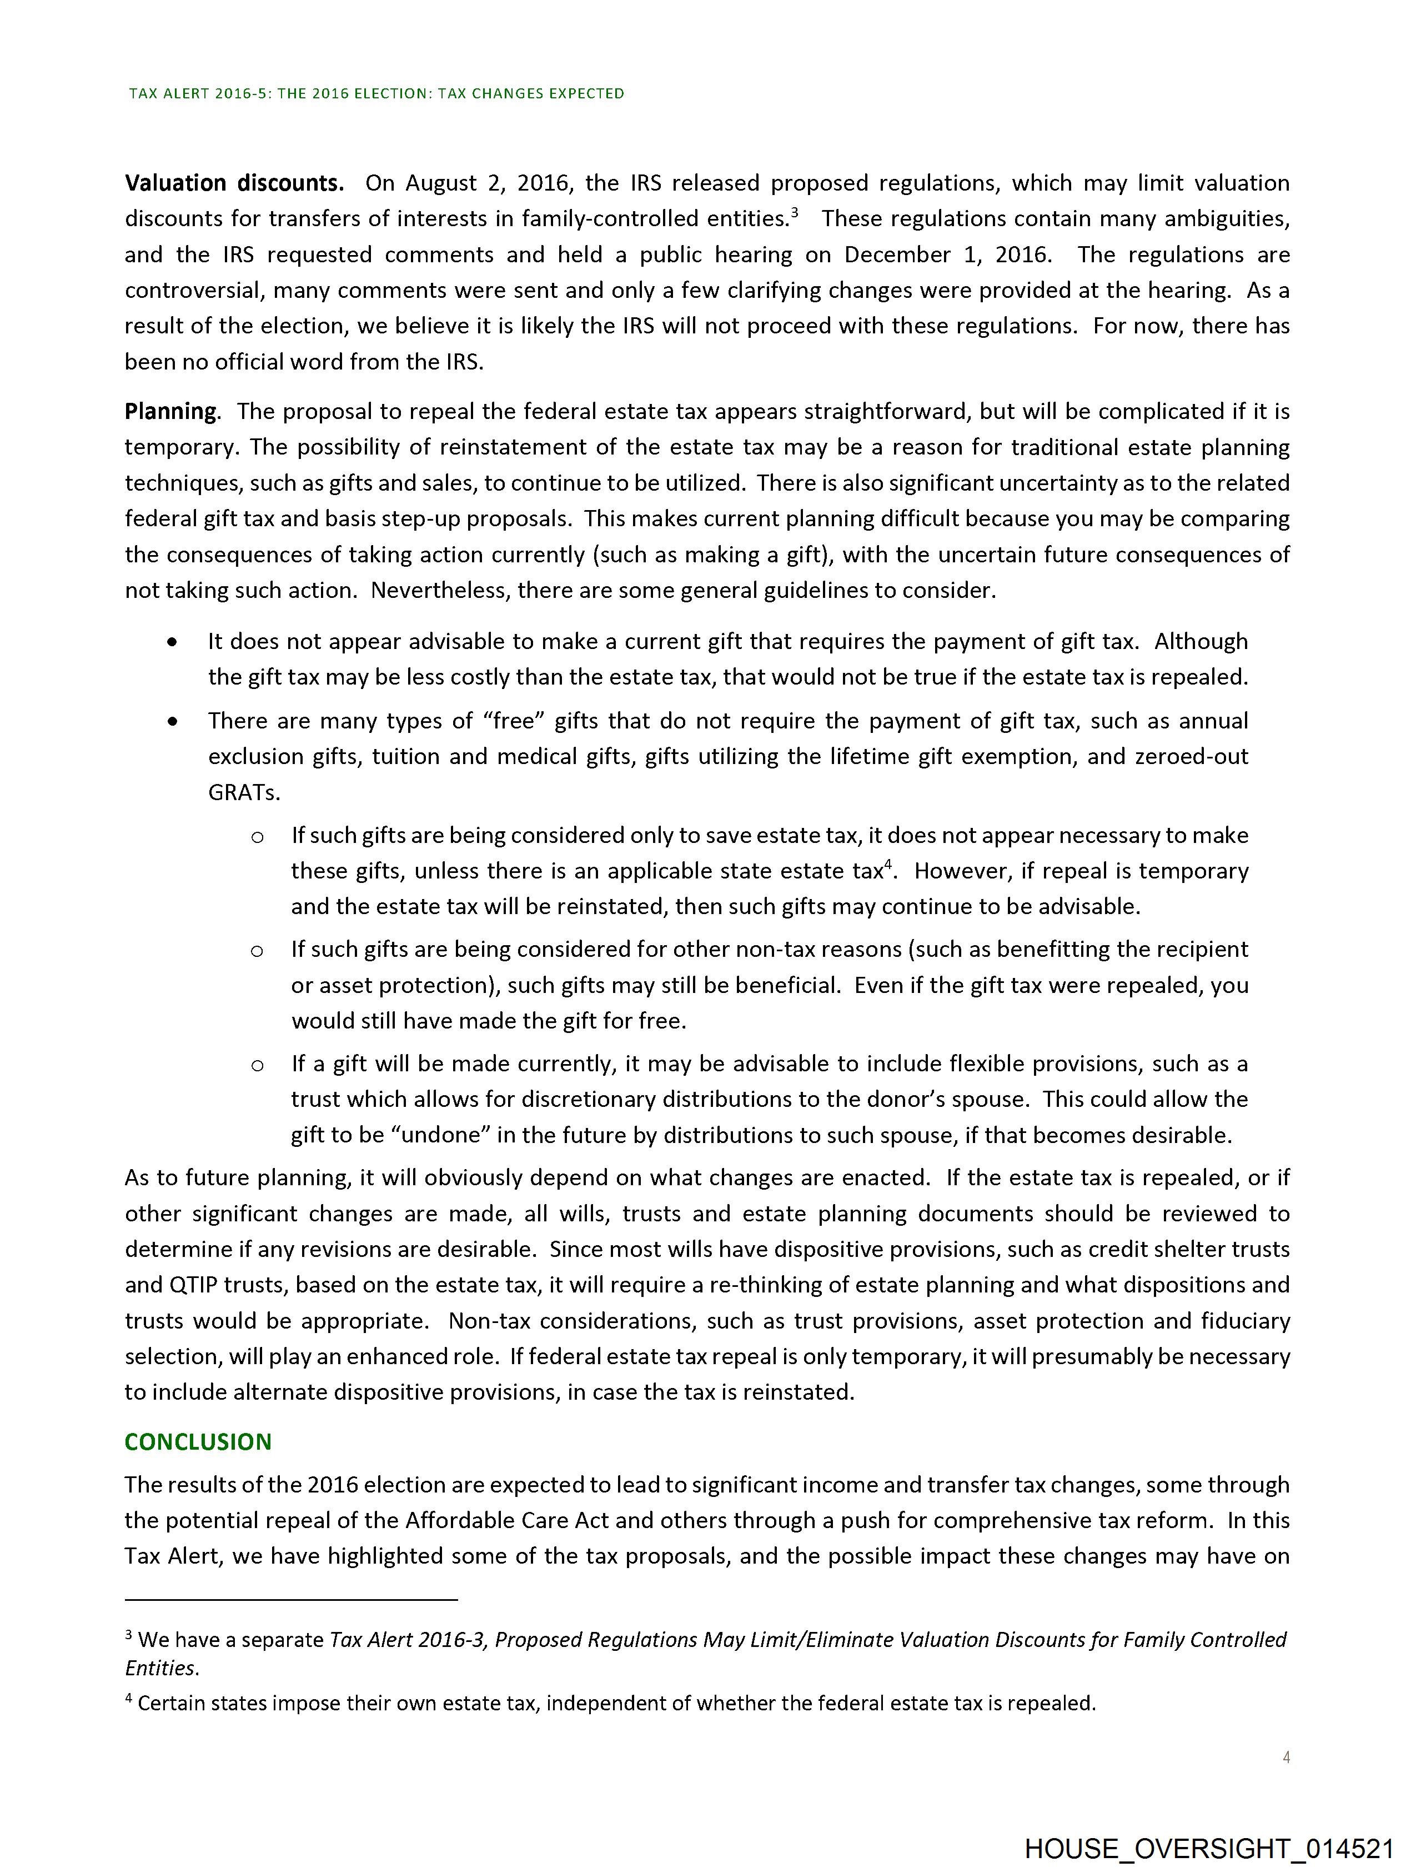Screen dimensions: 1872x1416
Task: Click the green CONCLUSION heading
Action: [x=198, y=1441]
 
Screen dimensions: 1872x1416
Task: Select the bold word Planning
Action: [x=171, y=411]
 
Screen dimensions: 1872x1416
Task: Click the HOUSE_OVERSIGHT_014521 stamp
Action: [x=1209, y=1848]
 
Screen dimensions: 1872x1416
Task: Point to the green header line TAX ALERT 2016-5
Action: [x=376, y=94]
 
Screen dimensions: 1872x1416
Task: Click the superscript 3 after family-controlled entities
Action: [x=794, y=212]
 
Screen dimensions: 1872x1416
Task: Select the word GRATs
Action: [x=243, y=793]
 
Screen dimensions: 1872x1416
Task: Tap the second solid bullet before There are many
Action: [x=173, y=722]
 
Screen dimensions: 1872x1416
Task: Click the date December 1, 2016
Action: [x=947, y=254]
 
